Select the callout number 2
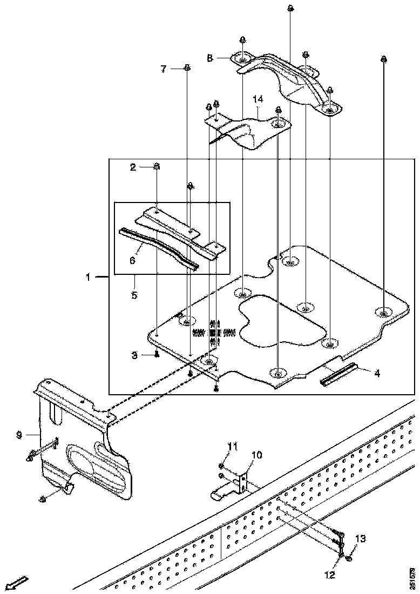[x=132, y=167]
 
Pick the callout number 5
[x=134, y=295]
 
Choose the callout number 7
[x=164, y=69]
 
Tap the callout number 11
[x=233, y=446]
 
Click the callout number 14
[x=258, y=99]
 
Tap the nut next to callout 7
[x=187, y=68]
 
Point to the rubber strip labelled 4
[x=339, y=374]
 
